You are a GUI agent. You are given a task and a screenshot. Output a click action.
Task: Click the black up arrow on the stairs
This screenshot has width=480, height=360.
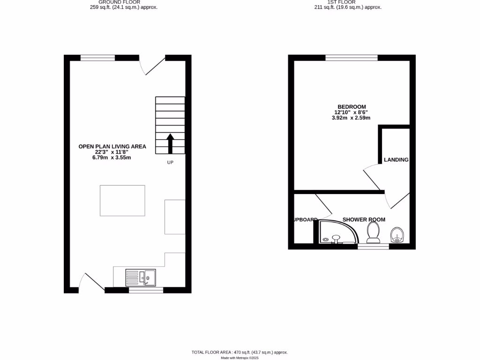coord(170,143)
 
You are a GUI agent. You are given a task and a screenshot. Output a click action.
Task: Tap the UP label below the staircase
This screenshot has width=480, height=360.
coord(171,163)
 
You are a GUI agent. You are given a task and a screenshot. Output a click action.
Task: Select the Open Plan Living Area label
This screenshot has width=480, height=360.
coord(112,147)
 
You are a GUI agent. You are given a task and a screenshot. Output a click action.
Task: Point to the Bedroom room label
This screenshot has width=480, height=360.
coord(351,107)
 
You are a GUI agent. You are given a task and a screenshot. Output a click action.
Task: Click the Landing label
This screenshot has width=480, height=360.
coord(396,160)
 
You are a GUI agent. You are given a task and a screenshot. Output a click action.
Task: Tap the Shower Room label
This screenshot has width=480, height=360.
coord(364,219)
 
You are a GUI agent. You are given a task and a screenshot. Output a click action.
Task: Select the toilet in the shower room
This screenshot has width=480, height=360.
coord(373,232)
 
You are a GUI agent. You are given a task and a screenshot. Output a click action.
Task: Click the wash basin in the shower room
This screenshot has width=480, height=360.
coord(397,234)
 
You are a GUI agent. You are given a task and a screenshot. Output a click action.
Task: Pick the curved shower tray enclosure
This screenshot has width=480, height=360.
coord(337,232)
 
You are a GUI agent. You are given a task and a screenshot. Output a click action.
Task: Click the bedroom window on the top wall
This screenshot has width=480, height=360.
coord(352,58)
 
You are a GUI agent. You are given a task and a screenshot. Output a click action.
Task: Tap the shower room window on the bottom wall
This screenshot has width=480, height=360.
coord(373,246)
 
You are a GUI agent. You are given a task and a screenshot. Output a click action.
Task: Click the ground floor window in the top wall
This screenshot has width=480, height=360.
coord(97,58)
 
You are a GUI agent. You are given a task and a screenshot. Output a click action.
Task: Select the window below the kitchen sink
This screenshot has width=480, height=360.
coord(146,290)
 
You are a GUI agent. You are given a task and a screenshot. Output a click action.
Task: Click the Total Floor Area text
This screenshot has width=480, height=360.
coord(240,352)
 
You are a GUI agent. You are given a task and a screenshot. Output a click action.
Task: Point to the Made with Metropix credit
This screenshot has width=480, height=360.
coord(240,358)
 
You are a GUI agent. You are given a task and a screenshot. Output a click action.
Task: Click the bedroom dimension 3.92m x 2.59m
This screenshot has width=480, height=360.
coord(351,118)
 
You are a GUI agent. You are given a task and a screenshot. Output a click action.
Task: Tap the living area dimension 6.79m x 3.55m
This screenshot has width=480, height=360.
coord(111,157)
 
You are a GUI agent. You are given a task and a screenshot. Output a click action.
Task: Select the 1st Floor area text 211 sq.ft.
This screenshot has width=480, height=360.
coord(348,7)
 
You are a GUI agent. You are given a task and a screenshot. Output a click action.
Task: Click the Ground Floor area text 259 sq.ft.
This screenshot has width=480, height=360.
coord(124,7)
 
